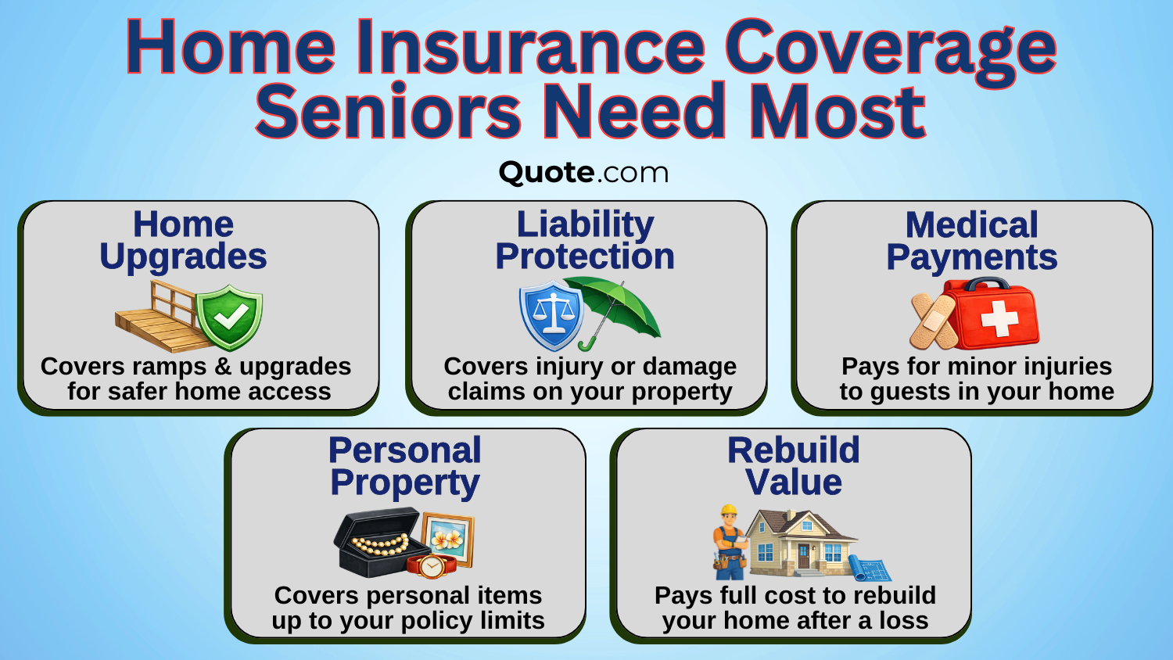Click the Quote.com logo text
[583, 172]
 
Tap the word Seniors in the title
[387, 112]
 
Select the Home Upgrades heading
[183, 240]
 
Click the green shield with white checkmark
[229, 317]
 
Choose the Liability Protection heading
[585, 240]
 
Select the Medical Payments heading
[971, 241]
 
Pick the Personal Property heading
[405, 467]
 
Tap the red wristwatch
[429, 565]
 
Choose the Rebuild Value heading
[793, 467]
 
